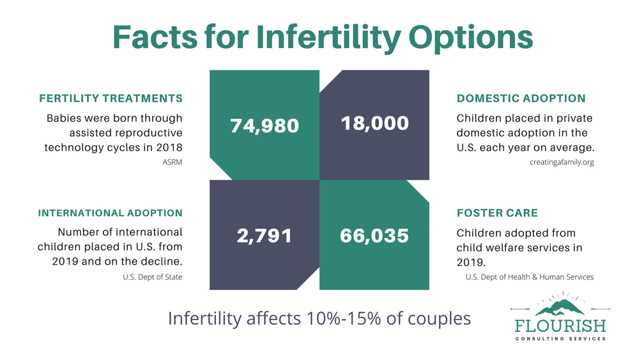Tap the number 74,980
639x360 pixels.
tap(264, 125)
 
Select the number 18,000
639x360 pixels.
tap(374, 122)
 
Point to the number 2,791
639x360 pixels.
tap(264, 235)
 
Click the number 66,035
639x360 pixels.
tap(374, 235)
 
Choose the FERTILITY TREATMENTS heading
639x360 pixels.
tap(111, 98)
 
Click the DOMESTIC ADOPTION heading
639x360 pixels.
tap(521, 98)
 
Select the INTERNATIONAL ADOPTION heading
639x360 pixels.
tap(110, 213)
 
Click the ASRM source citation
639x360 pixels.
tap(173, 162)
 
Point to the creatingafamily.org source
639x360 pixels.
tap(562, 162)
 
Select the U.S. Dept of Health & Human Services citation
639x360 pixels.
tap(530, 277)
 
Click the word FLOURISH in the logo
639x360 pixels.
tap(560, 325)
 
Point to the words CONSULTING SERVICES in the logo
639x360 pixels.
tap(560, 338)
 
